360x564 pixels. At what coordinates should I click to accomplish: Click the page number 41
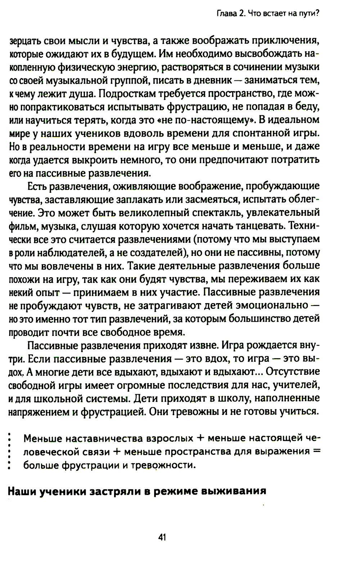(162, 537)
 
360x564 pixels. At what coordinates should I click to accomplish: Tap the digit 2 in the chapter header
(240, 14)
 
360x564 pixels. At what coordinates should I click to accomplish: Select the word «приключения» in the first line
(282, 40)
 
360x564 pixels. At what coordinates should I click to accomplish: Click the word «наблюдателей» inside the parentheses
(65, 253)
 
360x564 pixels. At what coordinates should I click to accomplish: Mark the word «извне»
(199, 345)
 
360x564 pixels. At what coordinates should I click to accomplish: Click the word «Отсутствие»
(293, 372)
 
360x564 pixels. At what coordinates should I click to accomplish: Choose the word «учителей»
(296, 385)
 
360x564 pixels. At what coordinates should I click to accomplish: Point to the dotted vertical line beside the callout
(10, 451)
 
